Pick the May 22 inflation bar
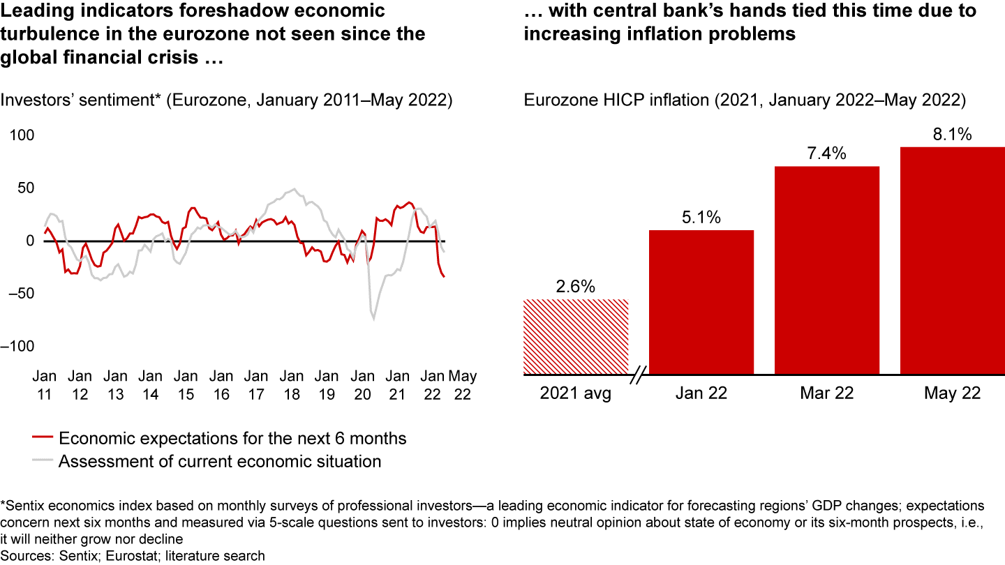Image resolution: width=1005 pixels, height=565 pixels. pos(952,261)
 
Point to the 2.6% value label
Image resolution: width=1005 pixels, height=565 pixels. pos(576,287)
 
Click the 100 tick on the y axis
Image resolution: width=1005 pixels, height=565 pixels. pos(20,135)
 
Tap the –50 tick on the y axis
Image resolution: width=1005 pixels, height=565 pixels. pos(20,293)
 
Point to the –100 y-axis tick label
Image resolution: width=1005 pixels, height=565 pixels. pos(20,346)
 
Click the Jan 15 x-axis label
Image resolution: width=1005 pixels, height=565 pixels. pos(185,384)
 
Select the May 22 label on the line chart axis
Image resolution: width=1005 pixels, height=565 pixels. pos(462,384)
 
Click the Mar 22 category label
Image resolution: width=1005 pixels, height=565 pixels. pos(827,393)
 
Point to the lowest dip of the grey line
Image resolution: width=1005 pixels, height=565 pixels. pos(374,319)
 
